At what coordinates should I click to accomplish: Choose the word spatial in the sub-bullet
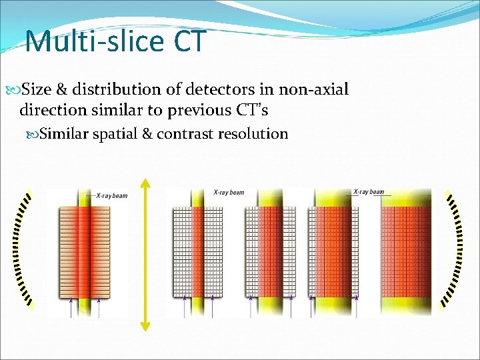[115, 134]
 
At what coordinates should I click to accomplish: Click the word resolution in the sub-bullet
[255, 134]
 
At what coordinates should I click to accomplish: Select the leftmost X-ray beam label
[111, 195]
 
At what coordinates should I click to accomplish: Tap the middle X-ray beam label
[229, 193]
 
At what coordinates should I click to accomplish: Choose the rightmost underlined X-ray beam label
[369, 192]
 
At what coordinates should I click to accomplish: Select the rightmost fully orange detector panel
[407, 253]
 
